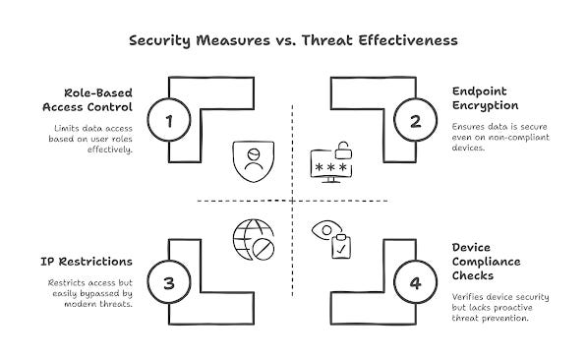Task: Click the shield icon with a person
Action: (254, 161)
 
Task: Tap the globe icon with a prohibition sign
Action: (254, 240)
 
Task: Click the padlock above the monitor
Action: (343, 150)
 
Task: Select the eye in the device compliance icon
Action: (326, 229)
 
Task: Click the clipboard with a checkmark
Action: (341, 246)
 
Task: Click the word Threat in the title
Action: (327, 40)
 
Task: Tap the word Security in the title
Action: (160, 41)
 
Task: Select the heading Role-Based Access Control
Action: (88, 100)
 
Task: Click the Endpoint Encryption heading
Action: (485, 98)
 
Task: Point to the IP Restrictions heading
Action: (87, 262)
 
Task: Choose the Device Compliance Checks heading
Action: (486, 262)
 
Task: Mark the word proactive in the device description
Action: (512, 308)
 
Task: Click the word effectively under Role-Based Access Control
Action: (110, 150)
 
